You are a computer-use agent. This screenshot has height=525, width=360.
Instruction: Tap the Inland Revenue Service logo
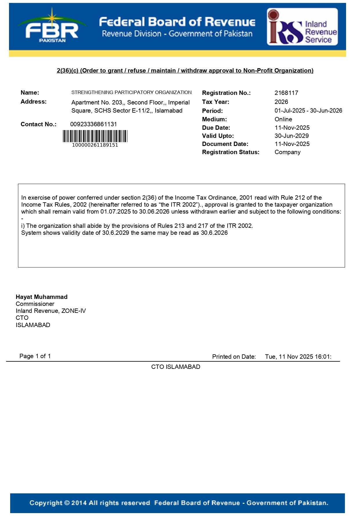click(302, 27)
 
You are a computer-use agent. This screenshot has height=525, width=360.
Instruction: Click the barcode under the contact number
click(95, 136)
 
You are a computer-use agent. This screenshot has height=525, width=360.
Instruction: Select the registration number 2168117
click(286, 93)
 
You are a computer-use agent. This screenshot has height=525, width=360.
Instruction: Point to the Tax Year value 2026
click(281, 102)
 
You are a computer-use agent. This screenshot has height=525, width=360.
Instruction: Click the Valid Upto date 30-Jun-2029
click(291, 136)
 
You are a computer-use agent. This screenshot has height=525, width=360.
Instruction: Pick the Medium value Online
click(283, 119)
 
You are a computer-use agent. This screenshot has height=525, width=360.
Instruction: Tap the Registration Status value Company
click(287, 152)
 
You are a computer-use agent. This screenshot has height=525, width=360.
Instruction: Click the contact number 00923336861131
click(93, 124)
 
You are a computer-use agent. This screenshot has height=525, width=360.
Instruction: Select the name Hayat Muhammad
click(42, 297)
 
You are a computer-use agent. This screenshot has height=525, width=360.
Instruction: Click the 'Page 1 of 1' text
click(35, 356)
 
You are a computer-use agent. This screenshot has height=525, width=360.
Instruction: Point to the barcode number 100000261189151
click(95, 145)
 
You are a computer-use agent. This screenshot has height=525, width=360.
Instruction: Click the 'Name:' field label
click(30, 93)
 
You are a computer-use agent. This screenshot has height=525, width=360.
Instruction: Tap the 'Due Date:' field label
click(216, 128)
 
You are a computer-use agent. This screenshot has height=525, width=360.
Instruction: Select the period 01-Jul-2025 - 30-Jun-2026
click(308, 111)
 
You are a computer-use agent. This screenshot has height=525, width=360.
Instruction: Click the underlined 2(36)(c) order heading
click(185, 71)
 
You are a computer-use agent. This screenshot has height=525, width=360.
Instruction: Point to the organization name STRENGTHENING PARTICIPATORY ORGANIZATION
click(131, 92)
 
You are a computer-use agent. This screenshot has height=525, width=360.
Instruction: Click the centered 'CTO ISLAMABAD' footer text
click(176, 367)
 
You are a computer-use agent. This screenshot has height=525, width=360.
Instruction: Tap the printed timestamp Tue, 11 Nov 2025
click(298, 357)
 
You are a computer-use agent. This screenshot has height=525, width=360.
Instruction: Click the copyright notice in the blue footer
click(179, 503)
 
